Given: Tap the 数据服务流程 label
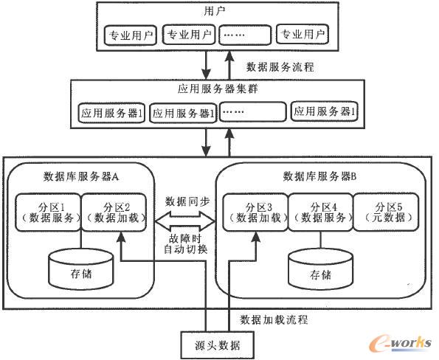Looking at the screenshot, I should click(279, 66).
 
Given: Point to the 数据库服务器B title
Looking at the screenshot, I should click(319, 177).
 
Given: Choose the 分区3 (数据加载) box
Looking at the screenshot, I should click(254, 211).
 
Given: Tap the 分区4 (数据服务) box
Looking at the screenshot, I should click(319, 211).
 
